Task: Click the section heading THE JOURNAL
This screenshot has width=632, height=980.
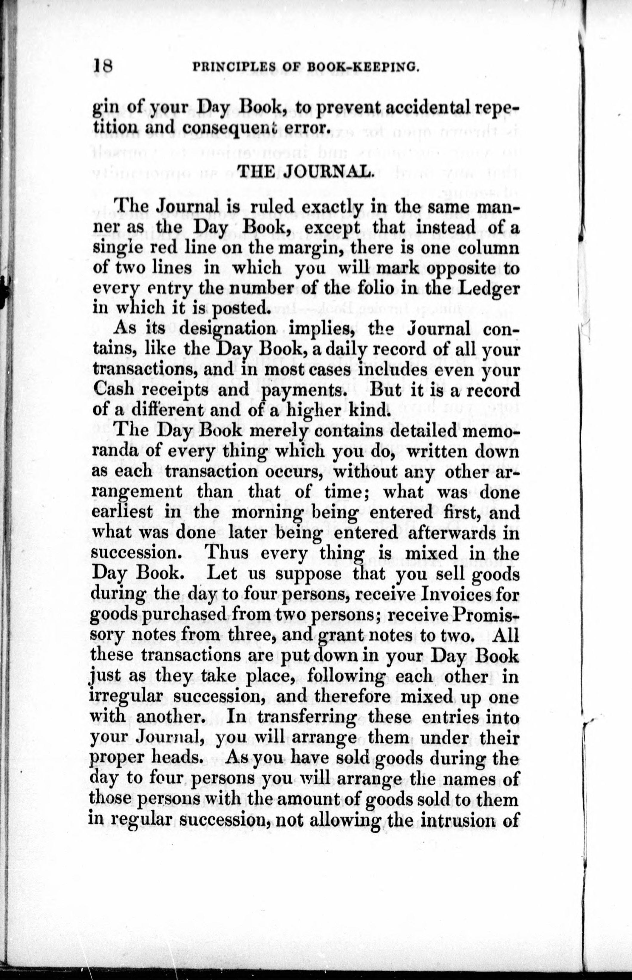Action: click(x=305, y=171)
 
